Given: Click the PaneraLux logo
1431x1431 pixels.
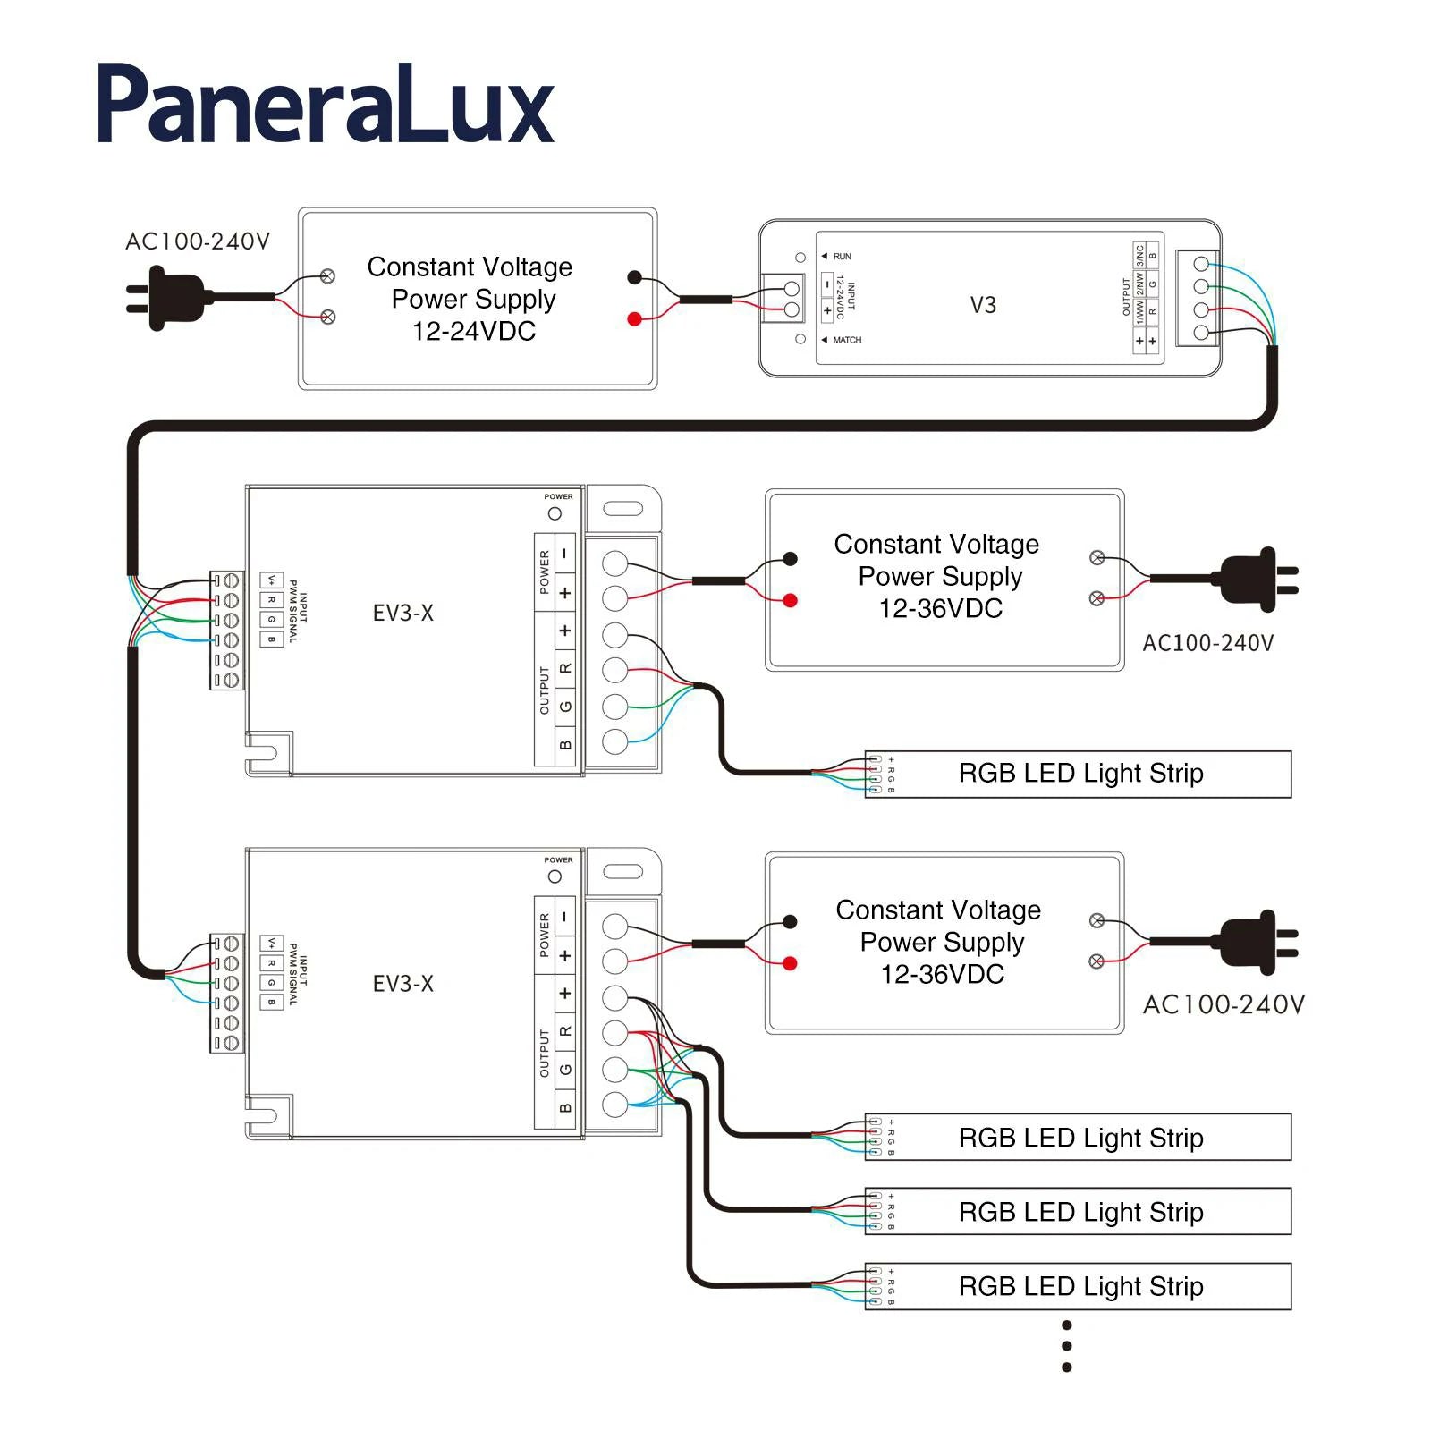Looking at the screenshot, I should [325, 106].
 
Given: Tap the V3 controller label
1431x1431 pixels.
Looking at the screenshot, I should [983, 305].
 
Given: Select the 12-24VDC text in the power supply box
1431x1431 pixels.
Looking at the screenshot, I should [473, 331].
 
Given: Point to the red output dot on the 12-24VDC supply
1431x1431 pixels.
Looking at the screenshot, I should [634, 319].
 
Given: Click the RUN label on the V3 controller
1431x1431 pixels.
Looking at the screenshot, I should [842, 257].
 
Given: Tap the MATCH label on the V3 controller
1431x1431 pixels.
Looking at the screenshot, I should [846, 340].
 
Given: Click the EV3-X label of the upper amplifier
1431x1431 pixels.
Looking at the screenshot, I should [402, 614].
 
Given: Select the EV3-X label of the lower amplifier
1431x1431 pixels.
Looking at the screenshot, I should [402, 984].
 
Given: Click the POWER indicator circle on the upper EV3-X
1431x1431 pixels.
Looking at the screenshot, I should [555, 513].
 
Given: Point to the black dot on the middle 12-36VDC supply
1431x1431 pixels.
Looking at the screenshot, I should [790, 559].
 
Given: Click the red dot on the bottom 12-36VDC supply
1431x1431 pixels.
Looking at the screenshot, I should [790, 963].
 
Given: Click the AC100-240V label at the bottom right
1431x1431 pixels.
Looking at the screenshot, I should [1223, 1004].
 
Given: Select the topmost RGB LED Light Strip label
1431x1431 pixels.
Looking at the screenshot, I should [1080, 773].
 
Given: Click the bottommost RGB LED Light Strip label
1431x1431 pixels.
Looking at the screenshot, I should [1080, 1286].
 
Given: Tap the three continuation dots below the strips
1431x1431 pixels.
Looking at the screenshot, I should [1066, 1346].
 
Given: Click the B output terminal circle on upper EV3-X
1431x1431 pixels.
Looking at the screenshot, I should [614, 741].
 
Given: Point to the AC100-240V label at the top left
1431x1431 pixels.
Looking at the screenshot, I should [197, 241].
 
